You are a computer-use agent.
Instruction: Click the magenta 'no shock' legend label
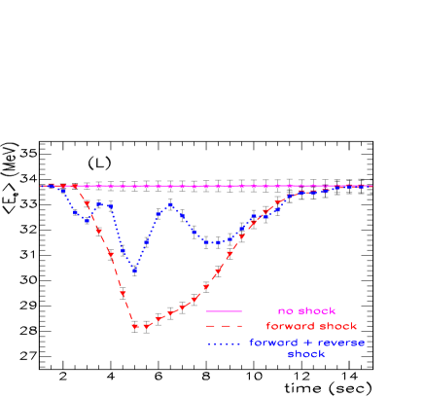point(307,311)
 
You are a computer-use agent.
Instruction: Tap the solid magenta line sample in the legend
point(224,311)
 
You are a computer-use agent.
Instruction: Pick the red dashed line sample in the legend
point(224,326)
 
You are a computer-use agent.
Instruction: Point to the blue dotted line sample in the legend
point(224,343)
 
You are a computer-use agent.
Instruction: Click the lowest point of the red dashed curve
point(136,327)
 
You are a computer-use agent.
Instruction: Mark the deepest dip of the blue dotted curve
point(134,271)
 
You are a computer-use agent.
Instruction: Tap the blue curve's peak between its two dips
point(170,204)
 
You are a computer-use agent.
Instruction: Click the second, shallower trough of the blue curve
point(212,242)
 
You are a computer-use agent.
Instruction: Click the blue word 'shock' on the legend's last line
point(305,354)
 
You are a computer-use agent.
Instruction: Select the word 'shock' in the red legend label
point(336,326)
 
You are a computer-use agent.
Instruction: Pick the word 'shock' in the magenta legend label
point(316,311)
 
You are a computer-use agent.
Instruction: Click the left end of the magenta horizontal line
point(42,186)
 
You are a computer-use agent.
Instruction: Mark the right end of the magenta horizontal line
point(371,186)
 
